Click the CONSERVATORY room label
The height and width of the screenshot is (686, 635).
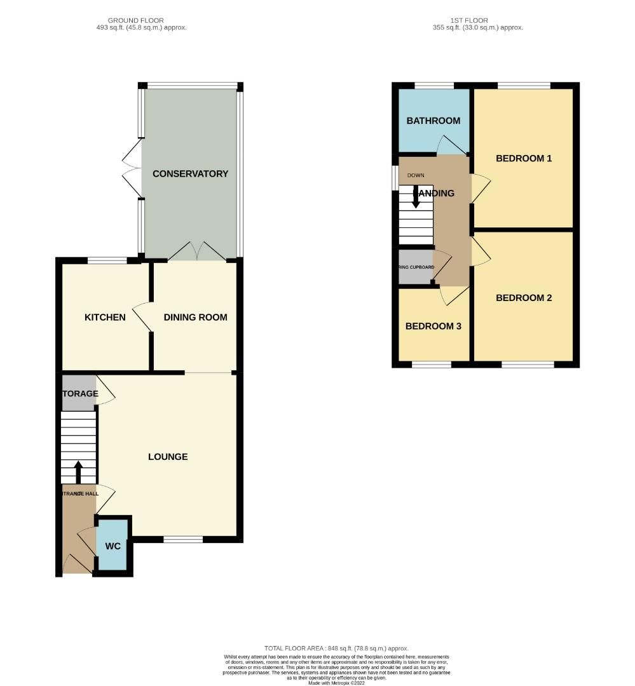pyautogui.click(x=190, y=173)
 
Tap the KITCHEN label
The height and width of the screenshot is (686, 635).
pyautogui.click(x=106, y=317)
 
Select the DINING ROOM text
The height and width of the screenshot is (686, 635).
pyautogui.click(x=195, y=317)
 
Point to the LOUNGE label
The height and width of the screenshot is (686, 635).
pyautogui.click(x=168, y=456)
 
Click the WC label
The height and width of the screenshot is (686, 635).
pyautogui.click(x=113, y=546)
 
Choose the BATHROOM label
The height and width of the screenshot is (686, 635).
pyautogui.click(x=434, y=121)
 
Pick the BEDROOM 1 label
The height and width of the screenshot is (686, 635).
pyautogui.click(x=524, y=158)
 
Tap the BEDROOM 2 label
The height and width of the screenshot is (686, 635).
pyautogui.click(x=524, y=297)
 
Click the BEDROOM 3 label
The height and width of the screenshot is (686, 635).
pyautogui.click(x=433, y=326)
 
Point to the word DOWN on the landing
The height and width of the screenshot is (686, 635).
pyautogui.click(x=416, y=175)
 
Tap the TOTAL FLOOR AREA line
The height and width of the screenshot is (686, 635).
pyautogui.click(x=336, y=648)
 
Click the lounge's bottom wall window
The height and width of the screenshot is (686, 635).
pyautogui.click(x=183, y=540)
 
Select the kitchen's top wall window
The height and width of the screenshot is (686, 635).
pyautogui.click(x=107, y=260)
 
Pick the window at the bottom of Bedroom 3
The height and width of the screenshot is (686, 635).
pyautogui.click(x=432, y=365)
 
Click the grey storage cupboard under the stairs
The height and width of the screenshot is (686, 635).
pyautogui.click(x=79, y=393)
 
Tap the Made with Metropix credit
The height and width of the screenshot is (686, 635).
pyautogui.click(x=338, y=683)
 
